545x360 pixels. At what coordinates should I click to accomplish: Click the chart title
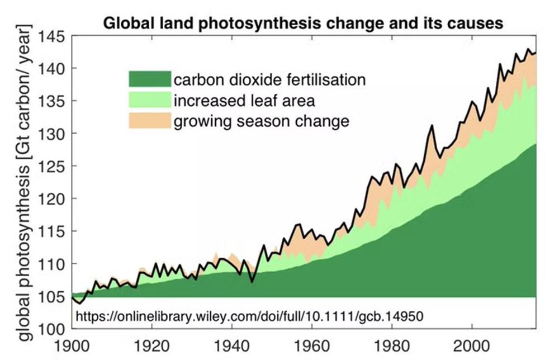[302, 23]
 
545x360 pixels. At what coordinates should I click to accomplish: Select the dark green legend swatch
[149, 79]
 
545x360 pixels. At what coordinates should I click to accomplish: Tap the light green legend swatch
[149, 100]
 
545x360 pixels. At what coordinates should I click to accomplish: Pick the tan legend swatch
[149, 120]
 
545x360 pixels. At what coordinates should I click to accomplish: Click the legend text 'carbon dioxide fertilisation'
[269, 79]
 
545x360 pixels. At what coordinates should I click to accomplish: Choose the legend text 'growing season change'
[261, 121]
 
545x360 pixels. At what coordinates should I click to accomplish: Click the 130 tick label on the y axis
[51, 134]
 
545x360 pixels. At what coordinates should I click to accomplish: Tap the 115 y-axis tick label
[51, 231]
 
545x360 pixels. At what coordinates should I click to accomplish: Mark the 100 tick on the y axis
[51, 329]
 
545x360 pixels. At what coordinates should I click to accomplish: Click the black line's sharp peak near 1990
[432, 126]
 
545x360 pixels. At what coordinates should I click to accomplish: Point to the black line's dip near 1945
[252, 282]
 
